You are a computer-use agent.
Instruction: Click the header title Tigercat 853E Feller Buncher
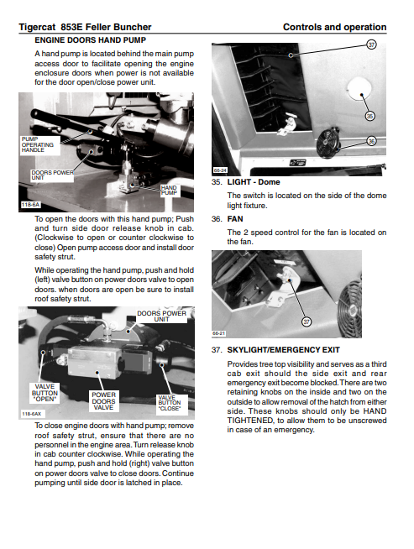85,27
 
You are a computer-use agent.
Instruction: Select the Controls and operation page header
334,27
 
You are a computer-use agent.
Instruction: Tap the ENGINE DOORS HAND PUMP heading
91,40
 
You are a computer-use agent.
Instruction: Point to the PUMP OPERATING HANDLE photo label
38,144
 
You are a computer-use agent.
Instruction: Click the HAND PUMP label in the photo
169,190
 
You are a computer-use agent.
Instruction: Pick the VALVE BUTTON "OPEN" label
45,393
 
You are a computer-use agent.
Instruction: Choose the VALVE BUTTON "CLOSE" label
170,403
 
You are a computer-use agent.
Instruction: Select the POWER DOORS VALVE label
103,401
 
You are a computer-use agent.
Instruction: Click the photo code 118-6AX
32,414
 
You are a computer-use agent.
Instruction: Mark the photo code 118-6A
30,205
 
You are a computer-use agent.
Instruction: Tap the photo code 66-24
220,170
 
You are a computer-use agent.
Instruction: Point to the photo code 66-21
219,333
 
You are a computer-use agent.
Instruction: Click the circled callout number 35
369,116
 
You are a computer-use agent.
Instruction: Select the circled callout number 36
371,141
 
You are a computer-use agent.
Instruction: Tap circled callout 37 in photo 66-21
307,322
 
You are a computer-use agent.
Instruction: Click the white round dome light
359,88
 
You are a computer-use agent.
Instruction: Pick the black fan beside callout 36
328,143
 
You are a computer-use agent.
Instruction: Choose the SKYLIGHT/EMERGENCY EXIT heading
283,350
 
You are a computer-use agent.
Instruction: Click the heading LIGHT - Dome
254,182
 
